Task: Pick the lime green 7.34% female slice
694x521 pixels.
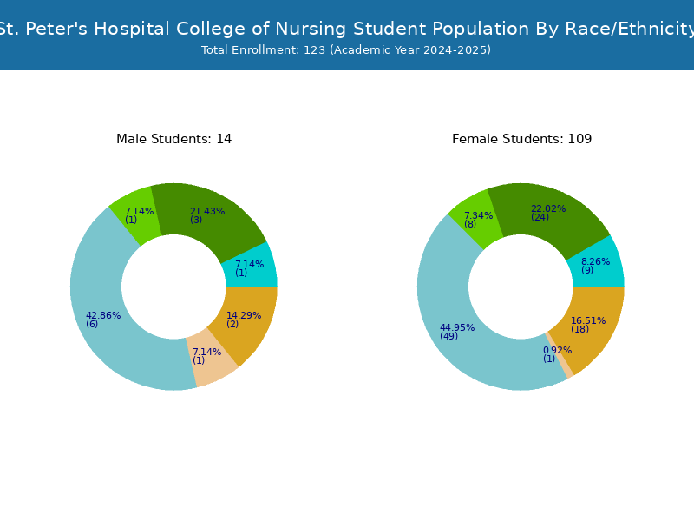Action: click(475, 220)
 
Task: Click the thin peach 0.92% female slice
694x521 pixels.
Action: click(560, 356)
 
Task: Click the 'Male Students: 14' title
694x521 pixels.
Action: click(174, 139)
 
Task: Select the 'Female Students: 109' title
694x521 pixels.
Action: click(522, 139)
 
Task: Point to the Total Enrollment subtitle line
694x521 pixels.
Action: click(346, 50)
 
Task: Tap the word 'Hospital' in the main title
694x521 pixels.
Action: click(132, 29)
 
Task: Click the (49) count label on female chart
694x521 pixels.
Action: click(448, 336)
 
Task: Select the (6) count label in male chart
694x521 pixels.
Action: click(92, 324)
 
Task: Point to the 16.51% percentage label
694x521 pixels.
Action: click(588, 320)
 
